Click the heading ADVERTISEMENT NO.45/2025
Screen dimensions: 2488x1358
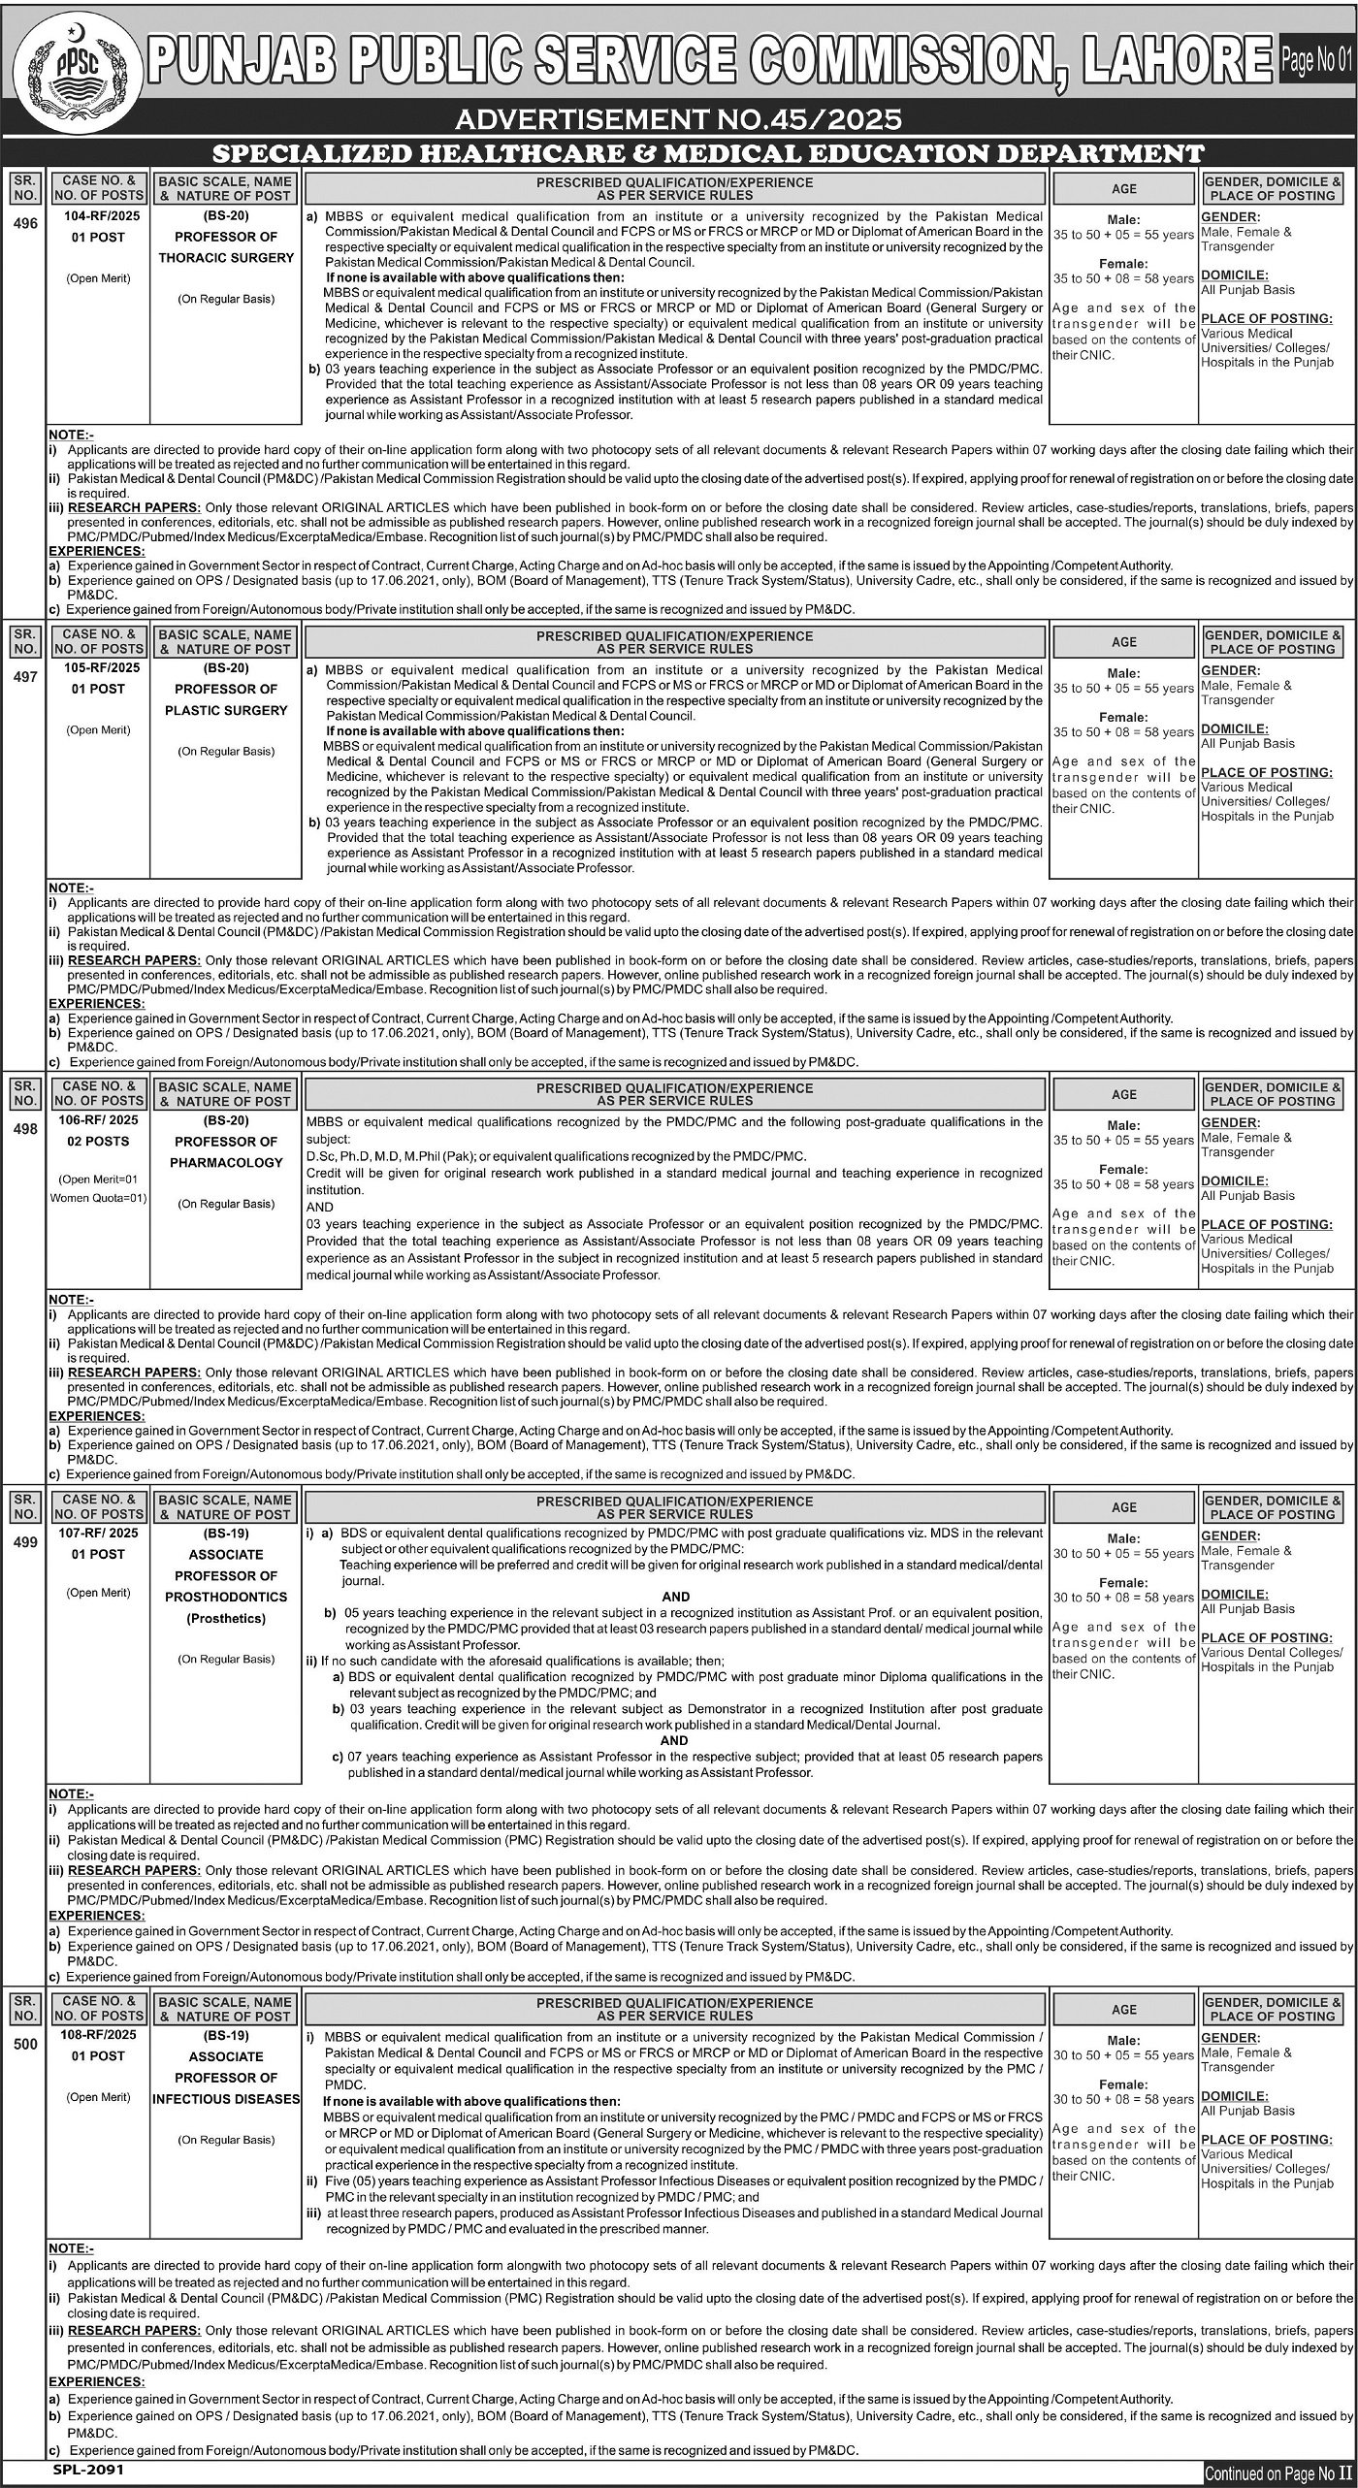point(678,119)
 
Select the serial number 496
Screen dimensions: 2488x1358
point(26,223)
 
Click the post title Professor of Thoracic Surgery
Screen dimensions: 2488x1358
point(227,247)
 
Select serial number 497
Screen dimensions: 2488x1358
point(26,677)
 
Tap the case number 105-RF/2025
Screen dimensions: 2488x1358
point(98,668)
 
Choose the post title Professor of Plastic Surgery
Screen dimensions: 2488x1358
point(227,699)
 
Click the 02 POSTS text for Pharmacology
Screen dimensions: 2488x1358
point(98,1142)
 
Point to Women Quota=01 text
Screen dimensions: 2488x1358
point(98,1198)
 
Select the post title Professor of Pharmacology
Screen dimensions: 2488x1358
point(227,1152)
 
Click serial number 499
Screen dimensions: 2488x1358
point(26,1542)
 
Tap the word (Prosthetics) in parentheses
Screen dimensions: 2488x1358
point(227,1618)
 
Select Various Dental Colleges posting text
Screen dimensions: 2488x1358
point(1272,1652)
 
